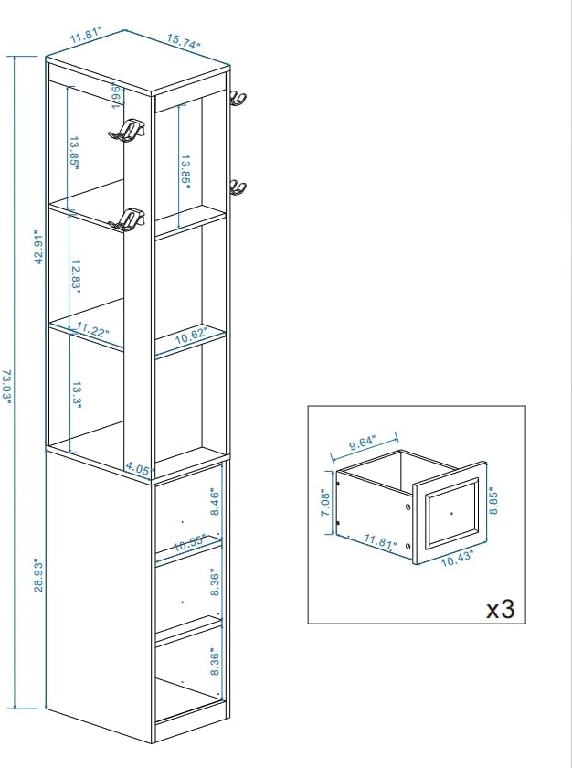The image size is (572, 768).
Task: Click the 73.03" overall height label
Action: [6, 387]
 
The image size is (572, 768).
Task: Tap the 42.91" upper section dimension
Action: [38, 246]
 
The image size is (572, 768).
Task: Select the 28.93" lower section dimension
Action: [38, 575]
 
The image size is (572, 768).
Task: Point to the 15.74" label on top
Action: [184, 42]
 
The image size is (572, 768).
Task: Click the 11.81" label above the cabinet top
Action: [86, 36]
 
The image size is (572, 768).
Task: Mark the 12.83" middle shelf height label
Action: [75, 277]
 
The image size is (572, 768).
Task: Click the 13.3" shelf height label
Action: [77, 395]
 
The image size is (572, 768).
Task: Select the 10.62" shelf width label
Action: [192, 336]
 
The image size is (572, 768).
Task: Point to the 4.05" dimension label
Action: [137, 469]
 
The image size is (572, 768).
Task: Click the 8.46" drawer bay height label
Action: [215, 502]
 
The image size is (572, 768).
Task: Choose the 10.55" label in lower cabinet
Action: [189, 543]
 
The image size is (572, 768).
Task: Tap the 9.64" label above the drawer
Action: [362, 443]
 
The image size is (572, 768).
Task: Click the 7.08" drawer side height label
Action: [325, 502]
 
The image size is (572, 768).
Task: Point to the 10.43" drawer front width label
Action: [457, 559]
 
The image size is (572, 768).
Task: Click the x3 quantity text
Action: [500, 609]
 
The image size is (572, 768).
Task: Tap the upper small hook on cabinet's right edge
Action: [238, 98]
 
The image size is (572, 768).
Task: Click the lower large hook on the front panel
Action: [127, 219]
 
